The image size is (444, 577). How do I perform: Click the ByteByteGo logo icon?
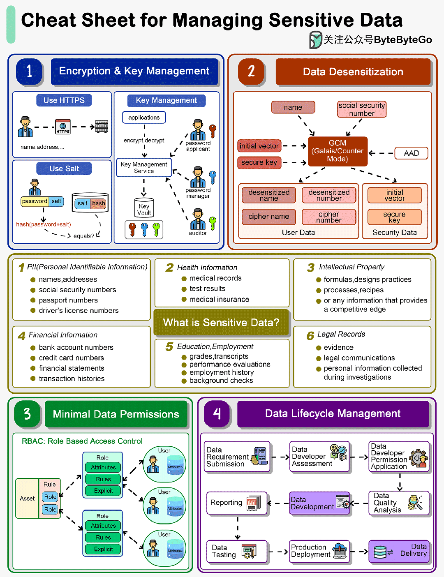pos(315,40)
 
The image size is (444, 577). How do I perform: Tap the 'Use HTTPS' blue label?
pos(64,100)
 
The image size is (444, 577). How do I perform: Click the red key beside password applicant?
pos(213,130)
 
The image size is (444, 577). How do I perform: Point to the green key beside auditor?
pos(213,223)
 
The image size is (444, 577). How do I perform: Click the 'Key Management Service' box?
pos(144,168)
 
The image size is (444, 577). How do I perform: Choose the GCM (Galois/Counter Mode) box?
pos(338,151)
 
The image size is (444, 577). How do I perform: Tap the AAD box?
pos(411,153)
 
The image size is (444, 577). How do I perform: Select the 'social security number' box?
pos(362,109)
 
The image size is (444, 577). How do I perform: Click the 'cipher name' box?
pos(268,217)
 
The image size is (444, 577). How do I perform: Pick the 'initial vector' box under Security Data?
pos(395,195)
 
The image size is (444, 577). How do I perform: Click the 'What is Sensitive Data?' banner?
pos(221,323)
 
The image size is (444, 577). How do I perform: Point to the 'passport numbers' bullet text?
pos(68,300)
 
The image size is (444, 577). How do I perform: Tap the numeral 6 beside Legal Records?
pos(310,336)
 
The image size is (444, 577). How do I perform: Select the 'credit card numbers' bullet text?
pos(72,358)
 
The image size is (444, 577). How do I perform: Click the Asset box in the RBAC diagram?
pos(27,499)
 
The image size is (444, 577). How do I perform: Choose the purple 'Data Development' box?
pos(319,503)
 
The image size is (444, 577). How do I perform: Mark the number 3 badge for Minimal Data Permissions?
pos(27,414)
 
